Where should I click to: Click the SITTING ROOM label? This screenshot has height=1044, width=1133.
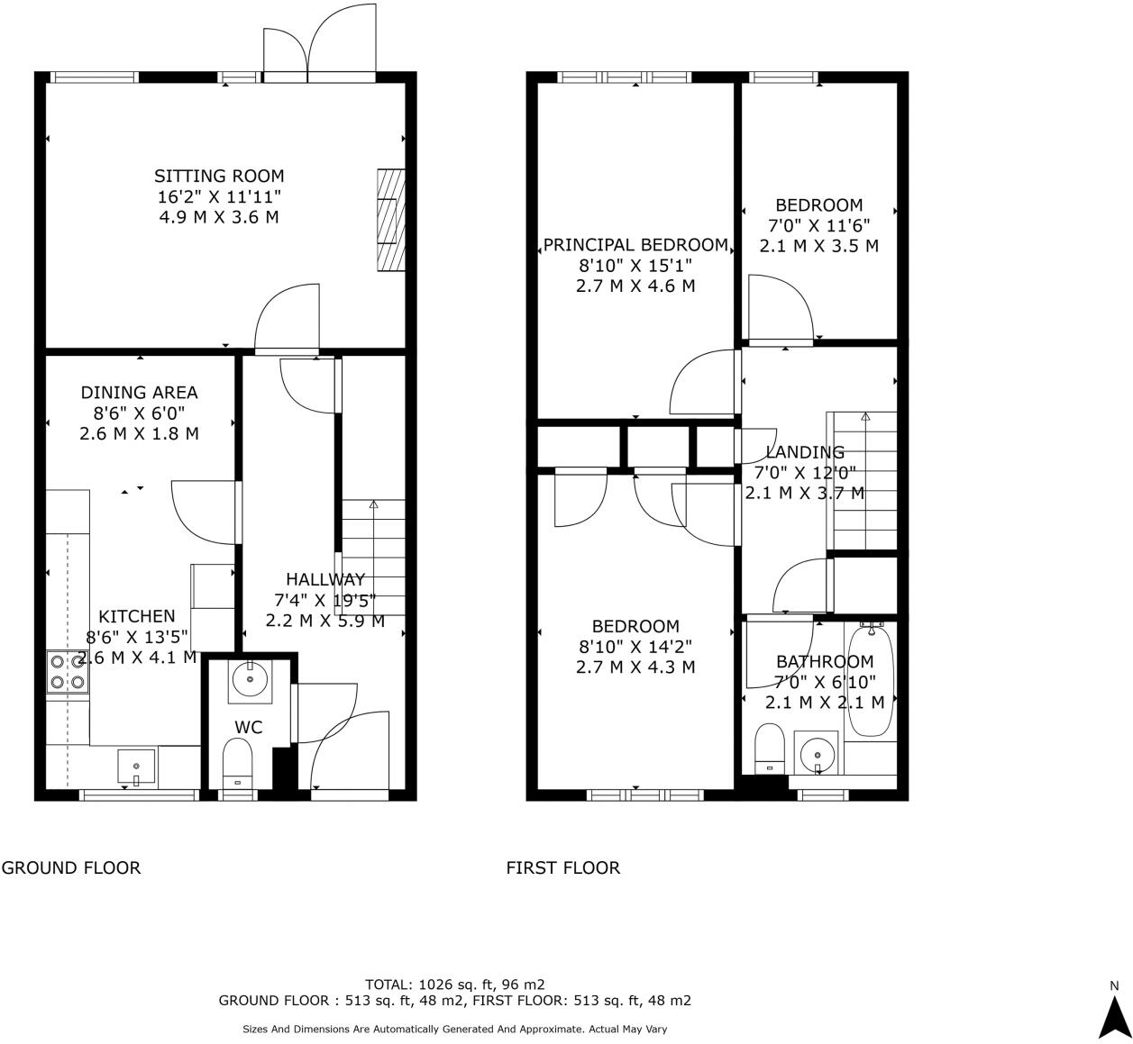tap(219, 176)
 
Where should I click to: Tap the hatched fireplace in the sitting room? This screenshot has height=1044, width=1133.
tap(391, 220)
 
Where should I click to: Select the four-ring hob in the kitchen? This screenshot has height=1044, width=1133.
tap(68, 672)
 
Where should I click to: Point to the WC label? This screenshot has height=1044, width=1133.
tap(249, 727)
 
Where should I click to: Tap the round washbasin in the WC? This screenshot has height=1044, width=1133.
tap(250, 680)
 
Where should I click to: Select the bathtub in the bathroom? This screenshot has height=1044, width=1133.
tap(870, 681)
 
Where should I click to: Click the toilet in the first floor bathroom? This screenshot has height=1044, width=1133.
tap(769, 749)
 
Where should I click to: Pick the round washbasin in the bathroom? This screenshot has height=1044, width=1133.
tap(817, 754)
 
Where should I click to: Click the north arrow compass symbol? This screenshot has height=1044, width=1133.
tap(1114, 1019)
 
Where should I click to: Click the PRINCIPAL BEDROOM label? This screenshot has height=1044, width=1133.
tap(635, 245)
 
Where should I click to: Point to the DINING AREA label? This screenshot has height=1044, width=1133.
tap(139, 392)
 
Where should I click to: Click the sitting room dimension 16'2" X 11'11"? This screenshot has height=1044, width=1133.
tap(219, 196)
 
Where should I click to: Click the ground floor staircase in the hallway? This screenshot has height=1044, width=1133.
tap(373, 558)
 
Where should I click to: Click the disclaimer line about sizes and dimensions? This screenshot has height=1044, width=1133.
tap(454, 1030)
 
